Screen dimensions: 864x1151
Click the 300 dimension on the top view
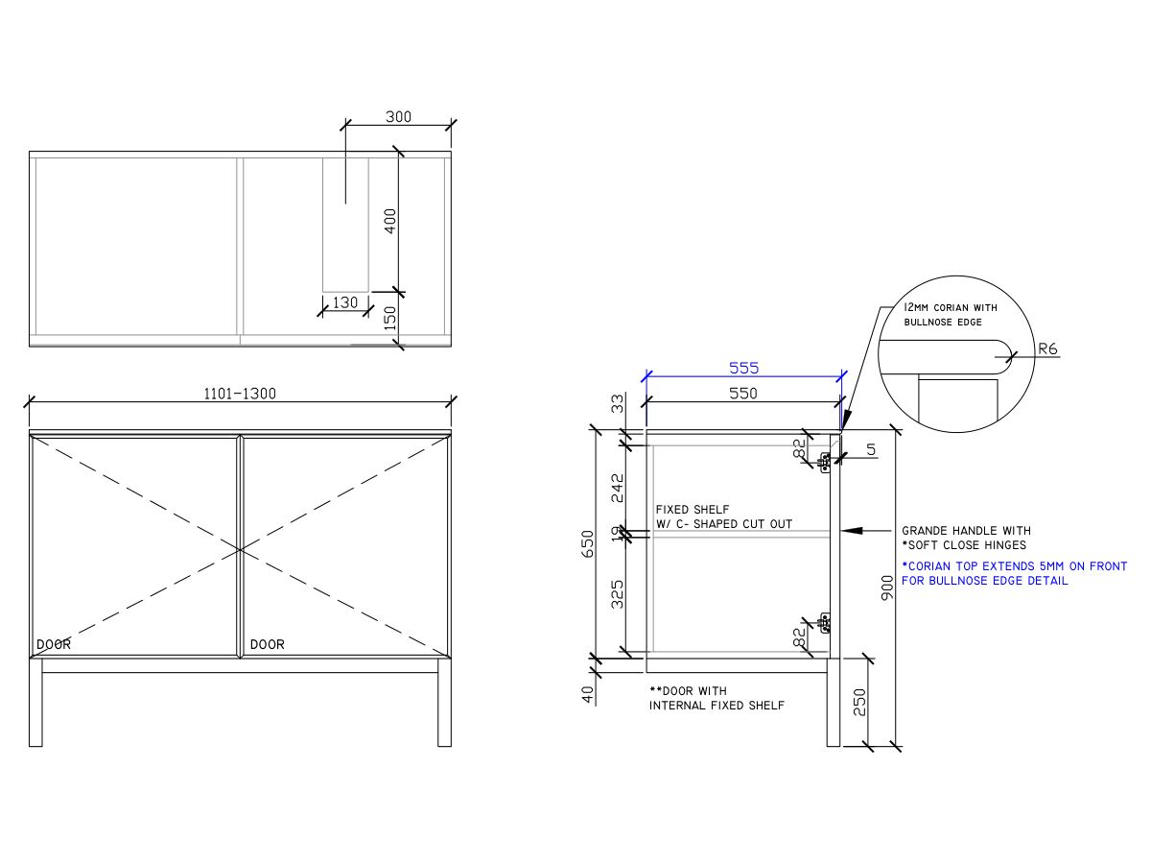398,117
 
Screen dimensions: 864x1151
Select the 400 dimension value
390,221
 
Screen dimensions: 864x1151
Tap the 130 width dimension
344,302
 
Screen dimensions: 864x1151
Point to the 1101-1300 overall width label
239,394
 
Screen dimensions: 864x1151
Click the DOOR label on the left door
53,644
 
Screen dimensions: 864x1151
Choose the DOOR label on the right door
267,644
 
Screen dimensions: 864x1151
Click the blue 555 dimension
743,368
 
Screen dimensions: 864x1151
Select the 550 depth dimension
743,394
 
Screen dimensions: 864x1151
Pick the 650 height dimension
589,543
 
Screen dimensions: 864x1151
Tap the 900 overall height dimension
887,588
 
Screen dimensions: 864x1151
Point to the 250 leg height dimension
860,702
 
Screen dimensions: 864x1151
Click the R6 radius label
1047,350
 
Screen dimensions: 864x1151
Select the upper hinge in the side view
824,462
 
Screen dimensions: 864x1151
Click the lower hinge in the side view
824,624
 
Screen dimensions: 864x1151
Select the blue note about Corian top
1014,573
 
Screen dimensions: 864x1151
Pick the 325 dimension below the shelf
618,594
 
